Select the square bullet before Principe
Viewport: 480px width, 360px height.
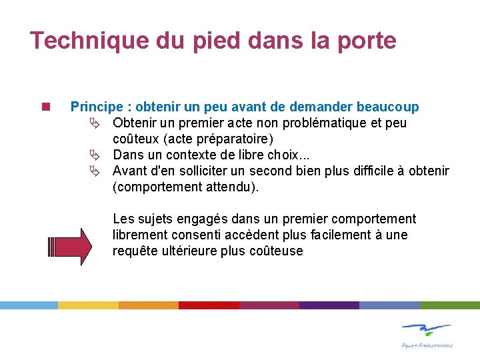pos(45,107)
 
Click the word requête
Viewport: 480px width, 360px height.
pos(136,251)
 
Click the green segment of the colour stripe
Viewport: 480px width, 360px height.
pos(449,305)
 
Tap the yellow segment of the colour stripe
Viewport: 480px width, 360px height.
pos(88,305)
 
